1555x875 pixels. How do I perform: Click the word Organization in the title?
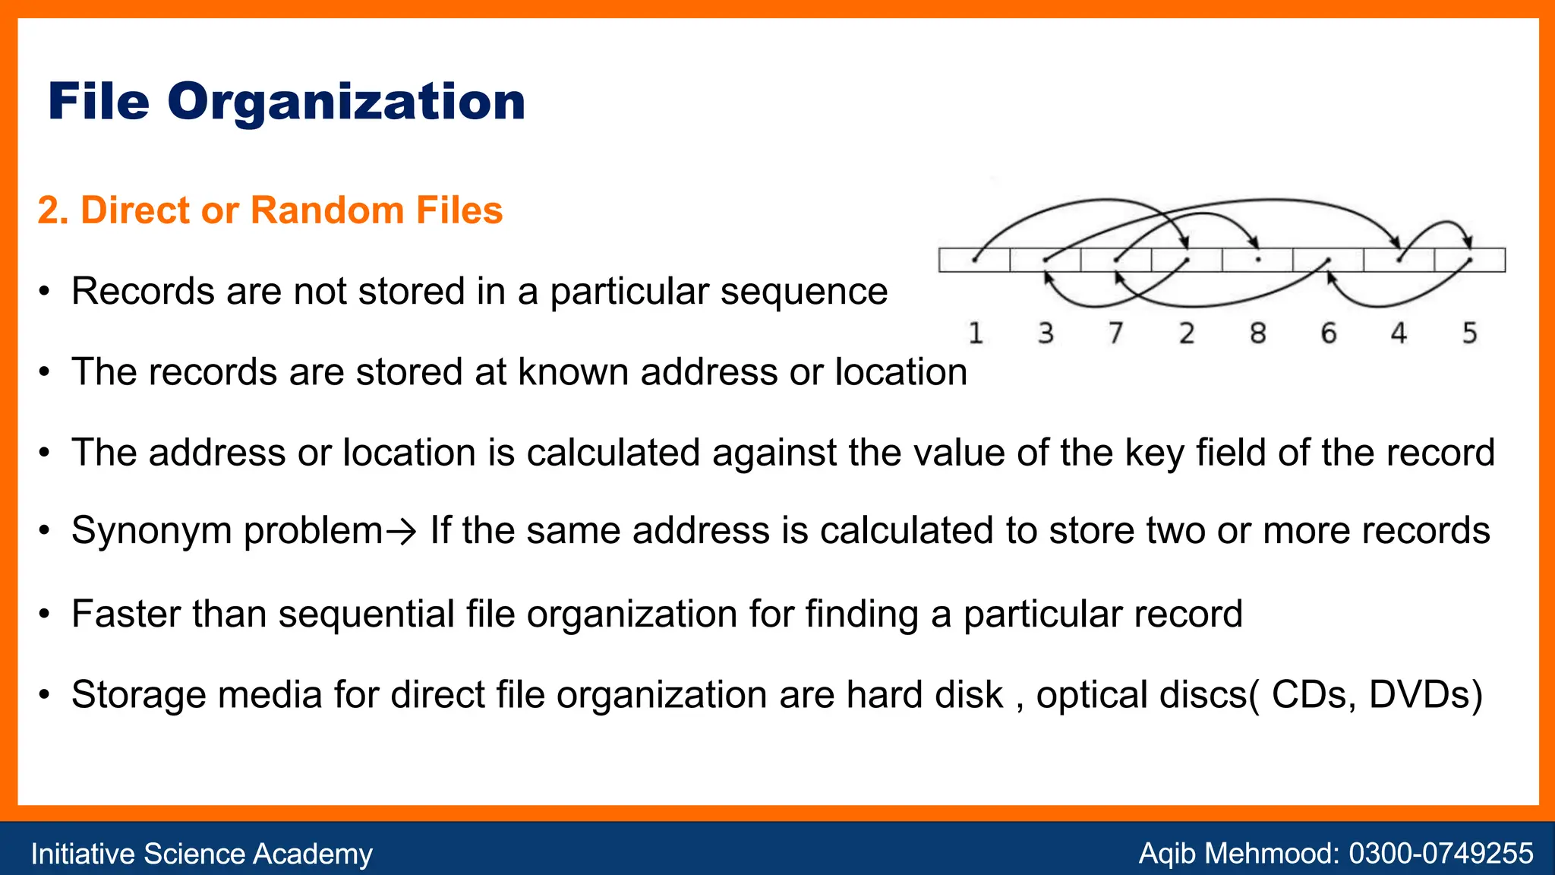pyautogui.click(x=346, y=103)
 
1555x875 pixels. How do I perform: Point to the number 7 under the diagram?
pyautogui.click(x=1116, y=333)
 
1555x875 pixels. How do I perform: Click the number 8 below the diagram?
pyautogui.click(x=1258, y=333)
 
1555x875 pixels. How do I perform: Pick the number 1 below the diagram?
pyautogui.click(x=976, y=333)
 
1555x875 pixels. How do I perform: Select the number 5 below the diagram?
pyautogui.click(x=1470, y=333)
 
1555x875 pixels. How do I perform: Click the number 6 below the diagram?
pyautogui.click(x=1329, y=333)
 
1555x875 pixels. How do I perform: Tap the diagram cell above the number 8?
pyautogui.click(x=1257, y=260)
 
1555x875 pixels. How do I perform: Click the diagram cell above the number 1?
pyautogui.click(x=974, y=260)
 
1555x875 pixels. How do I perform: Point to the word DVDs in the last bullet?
pyautogui.click(x=1424, y=694)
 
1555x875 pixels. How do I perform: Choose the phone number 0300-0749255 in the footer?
pyautogui.click(x=1440, y=853)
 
